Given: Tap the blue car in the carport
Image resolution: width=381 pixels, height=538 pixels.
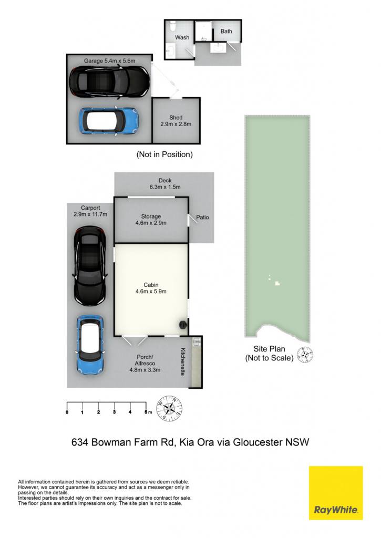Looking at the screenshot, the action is coord(90,345).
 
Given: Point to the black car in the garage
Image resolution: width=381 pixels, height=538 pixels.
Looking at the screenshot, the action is coord(110,82).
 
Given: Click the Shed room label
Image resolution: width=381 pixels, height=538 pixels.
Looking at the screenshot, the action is coord(176,121).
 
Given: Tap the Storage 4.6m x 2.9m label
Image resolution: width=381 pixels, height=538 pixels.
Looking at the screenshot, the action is coord(151,220).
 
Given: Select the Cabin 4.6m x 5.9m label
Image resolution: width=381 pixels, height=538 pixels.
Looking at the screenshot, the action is coord(151,288).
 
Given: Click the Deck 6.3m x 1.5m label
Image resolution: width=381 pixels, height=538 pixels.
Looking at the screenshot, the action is coord(165,183).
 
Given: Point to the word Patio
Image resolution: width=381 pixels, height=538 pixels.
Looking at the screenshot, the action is coord(202,217).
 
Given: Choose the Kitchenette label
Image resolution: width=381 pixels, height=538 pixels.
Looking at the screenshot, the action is coord(183,361).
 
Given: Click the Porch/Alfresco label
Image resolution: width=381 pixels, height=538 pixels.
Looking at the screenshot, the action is coord(145,364).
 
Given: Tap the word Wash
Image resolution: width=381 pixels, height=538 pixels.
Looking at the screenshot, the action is coord(182,37).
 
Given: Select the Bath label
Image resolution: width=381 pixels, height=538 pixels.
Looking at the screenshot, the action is coord(226,31).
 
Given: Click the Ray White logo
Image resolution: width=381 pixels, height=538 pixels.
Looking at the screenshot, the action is coord(336,493).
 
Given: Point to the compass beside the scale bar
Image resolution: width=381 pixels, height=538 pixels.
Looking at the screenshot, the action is coord(169,408).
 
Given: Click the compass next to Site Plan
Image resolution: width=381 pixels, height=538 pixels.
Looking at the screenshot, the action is coord(305,355).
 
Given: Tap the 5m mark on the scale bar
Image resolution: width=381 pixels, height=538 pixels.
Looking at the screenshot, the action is coord(147,412).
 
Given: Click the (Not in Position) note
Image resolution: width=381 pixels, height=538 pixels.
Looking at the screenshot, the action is coord(165,154).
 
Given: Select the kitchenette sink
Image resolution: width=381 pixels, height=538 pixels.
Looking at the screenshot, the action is coord(197,342).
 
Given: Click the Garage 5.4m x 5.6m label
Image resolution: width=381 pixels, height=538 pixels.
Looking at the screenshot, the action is coord(109,61).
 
